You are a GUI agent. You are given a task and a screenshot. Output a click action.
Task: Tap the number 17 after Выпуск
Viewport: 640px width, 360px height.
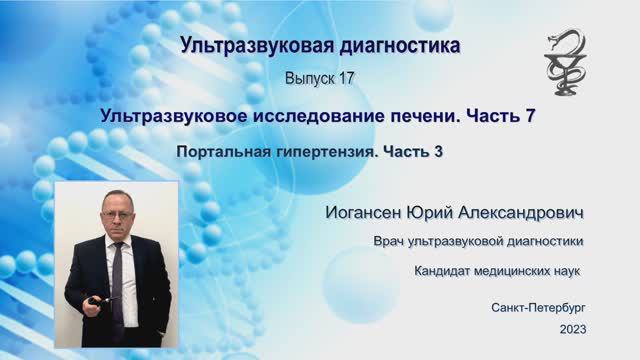click(341, 78)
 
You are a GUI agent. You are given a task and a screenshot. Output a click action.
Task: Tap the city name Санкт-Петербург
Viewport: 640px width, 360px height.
click(539, 307)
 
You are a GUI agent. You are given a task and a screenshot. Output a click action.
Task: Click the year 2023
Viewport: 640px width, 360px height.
click(574, 329)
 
